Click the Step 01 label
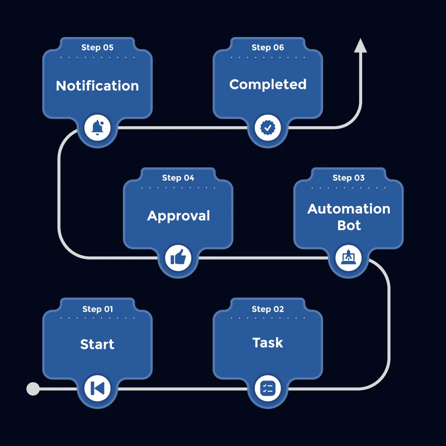97,309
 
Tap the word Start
97,344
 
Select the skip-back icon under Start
97,388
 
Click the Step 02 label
268,309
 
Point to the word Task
268,343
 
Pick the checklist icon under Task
268,388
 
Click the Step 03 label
348,178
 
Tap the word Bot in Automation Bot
349,226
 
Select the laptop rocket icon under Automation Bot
348,258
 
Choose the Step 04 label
178,178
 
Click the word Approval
178,216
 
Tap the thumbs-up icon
178,258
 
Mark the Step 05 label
97,48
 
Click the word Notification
97,86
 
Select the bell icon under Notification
97,128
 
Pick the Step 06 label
268,48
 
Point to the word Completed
268,84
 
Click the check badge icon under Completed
268,128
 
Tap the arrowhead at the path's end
360,46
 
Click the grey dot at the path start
33,389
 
